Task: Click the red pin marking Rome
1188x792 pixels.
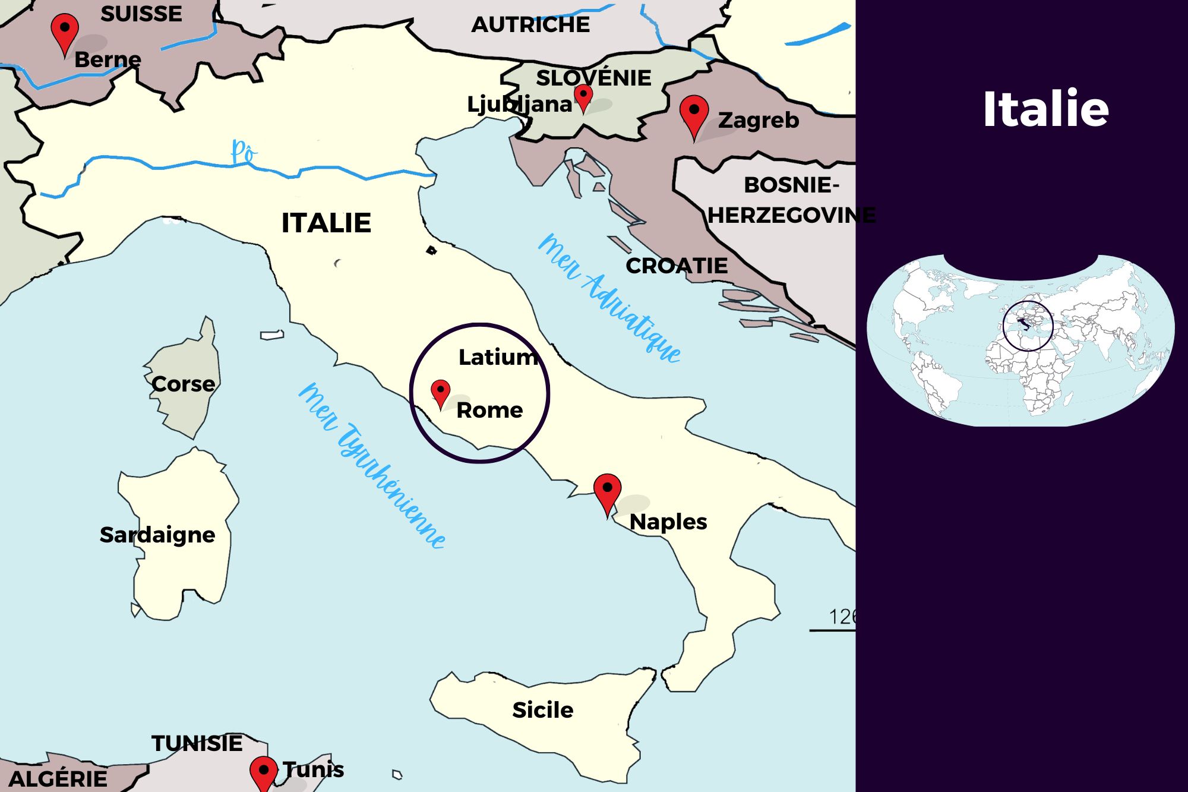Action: [440, 392]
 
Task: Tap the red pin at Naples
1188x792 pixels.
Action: [607, 491]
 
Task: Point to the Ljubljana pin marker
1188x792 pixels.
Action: [583, 96]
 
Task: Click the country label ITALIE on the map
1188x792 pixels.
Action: [326, 223]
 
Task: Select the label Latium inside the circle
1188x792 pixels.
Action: [498, 357]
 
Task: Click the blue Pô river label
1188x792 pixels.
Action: [243, 152]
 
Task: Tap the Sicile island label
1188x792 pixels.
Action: [542, 710]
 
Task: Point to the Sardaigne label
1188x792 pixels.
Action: [157, 535]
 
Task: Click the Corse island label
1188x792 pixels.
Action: [183, 384]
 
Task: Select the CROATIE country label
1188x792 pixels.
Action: [677, 266]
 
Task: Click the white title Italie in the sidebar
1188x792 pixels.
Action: [1045, 109]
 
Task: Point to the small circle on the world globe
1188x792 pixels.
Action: [1028, 326]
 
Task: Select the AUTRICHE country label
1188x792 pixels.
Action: [530, 25]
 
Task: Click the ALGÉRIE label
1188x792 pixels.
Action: [58, 778]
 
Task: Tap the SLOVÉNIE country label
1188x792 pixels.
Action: [593, 78]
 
